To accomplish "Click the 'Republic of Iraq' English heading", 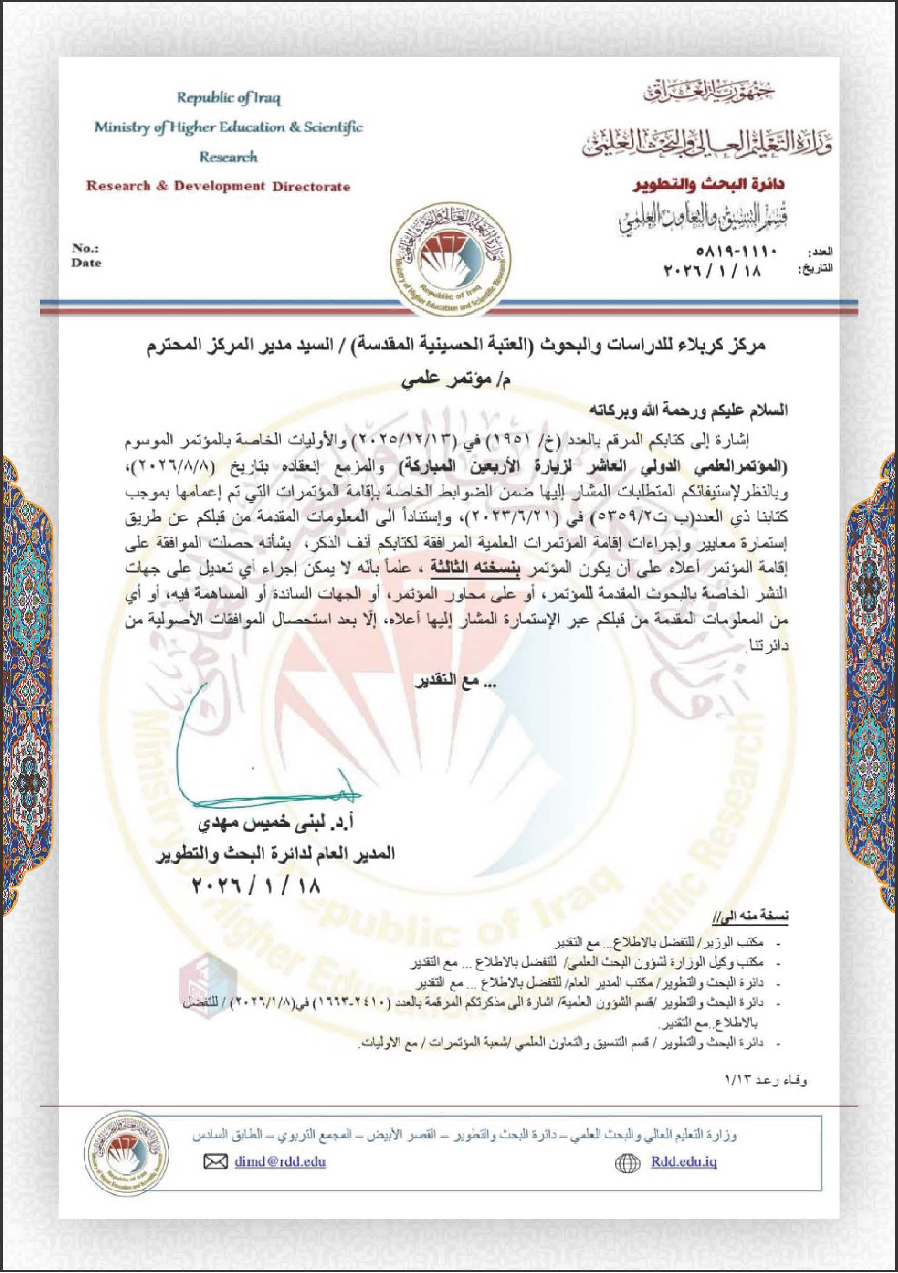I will [x=228, y=99].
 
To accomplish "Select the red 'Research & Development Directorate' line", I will [x=218, y=186].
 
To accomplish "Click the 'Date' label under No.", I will [x=86, y=263].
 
